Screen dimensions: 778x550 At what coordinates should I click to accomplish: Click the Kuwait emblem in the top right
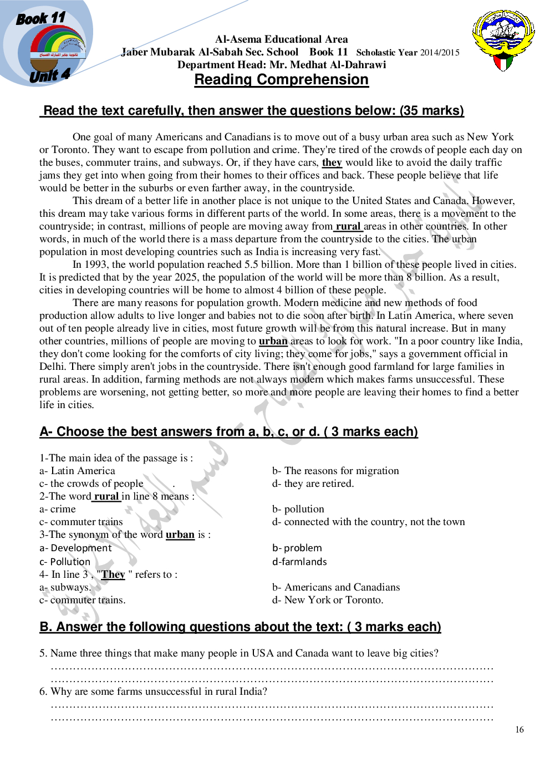503,39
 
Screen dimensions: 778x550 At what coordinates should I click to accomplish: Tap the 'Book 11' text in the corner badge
40,18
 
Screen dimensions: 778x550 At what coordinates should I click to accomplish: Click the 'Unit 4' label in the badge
49,75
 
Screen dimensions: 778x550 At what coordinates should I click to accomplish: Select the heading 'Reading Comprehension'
281,80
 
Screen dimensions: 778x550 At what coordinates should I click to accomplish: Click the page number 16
519,730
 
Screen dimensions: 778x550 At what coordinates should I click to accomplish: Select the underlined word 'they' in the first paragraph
332,162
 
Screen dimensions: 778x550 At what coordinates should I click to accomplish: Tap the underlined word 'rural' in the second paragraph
348,226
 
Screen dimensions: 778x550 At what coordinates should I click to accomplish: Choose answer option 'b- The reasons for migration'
335,471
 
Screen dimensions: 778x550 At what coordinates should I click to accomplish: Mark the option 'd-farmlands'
299,562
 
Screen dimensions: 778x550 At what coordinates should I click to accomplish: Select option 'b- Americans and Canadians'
336,587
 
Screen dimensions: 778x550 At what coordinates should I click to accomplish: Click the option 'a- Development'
75,548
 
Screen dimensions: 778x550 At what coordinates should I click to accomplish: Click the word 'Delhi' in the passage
53,367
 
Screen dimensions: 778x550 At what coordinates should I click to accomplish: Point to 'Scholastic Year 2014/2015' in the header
408,53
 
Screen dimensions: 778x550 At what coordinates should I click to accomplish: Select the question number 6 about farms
43,691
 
